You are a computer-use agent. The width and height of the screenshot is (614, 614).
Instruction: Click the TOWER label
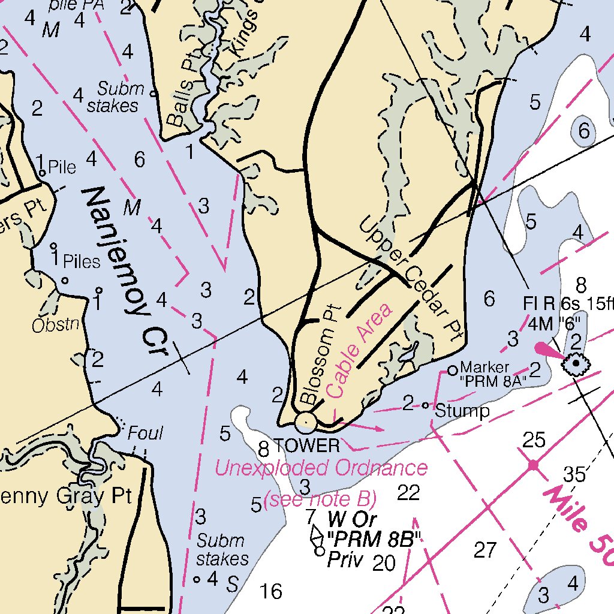tap(306, 446)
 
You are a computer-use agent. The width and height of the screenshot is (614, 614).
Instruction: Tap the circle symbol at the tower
tap(306, 422)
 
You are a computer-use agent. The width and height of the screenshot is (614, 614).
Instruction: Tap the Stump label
tap(462, 411)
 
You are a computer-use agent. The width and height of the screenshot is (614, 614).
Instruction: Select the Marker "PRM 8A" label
tap(493, 374)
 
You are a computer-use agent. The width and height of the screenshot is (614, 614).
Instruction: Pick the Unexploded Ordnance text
tap(321, 468)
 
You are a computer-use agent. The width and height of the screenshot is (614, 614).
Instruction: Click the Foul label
tap(145, 433)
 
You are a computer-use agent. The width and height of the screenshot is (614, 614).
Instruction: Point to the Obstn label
tap(56, 325)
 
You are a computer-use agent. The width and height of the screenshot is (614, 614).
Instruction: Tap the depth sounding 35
tap(574, 474)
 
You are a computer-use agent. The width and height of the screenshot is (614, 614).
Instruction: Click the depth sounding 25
tap(534, 441)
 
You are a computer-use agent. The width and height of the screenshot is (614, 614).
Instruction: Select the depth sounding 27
tap(485, 549)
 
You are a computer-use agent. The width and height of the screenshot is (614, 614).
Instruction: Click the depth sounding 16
tap(271, 592)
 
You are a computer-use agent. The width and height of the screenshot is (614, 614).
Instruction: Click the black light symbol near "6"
tap(576, 363)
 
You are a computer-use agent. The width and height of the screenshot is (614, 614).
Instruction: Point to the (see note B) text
tap(320, 498)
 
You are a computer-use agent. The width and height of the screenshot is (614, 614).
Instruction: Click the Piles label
tap(82, 261)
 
